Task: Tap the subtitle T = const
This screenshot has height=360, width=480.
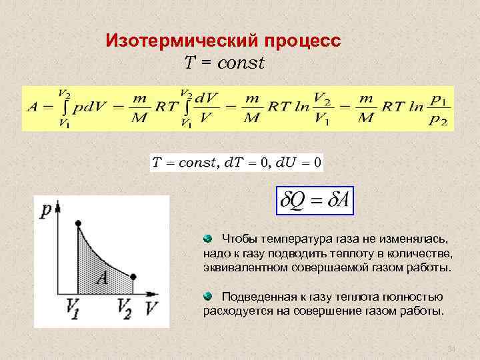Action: click(224, 63)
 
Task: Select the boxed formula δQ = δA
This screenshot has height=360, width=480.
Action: click(314, 199)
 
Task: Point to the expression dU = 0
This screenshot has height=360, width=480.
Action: click(297, 162)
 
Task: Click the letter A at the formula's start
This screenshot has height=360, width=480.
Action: click(32, 107)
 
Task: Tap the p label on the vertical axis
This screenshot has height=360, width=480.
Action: click(45, 211)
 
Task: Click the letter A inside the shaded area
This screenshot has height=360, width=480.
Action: click(102, 277)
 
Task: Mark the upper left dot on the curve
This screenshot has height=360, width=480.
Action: click(79, 223)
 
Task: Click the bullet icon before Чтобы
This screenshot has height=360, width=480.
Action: click(208, 238)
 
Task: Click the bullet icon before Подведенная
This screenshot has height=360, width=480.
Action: click(208, 295)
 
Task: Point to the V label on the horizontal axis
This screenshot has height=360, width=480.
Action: click(153, 308)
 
